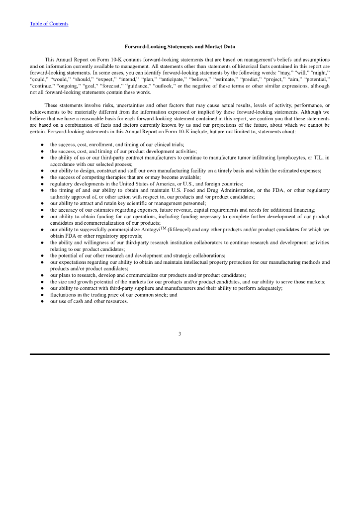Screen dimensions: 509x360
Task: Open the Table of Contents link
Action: (x=49, y=24)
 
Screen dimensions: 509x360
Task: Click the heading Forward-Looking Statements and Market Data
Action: (x=180, y=47)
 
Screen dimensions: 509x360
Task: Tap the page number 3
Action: (x=180, y=334)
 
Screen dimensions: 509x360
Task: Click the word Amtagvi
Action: (x=154, y=230)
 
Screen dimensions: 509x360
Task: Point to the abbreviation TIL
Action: (x=319, y=158)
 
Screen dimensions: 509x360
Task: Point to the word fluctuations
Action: (x=63, y=295)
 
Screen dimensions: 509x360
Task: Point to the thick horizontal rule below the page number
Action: (x=180, y=354)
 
